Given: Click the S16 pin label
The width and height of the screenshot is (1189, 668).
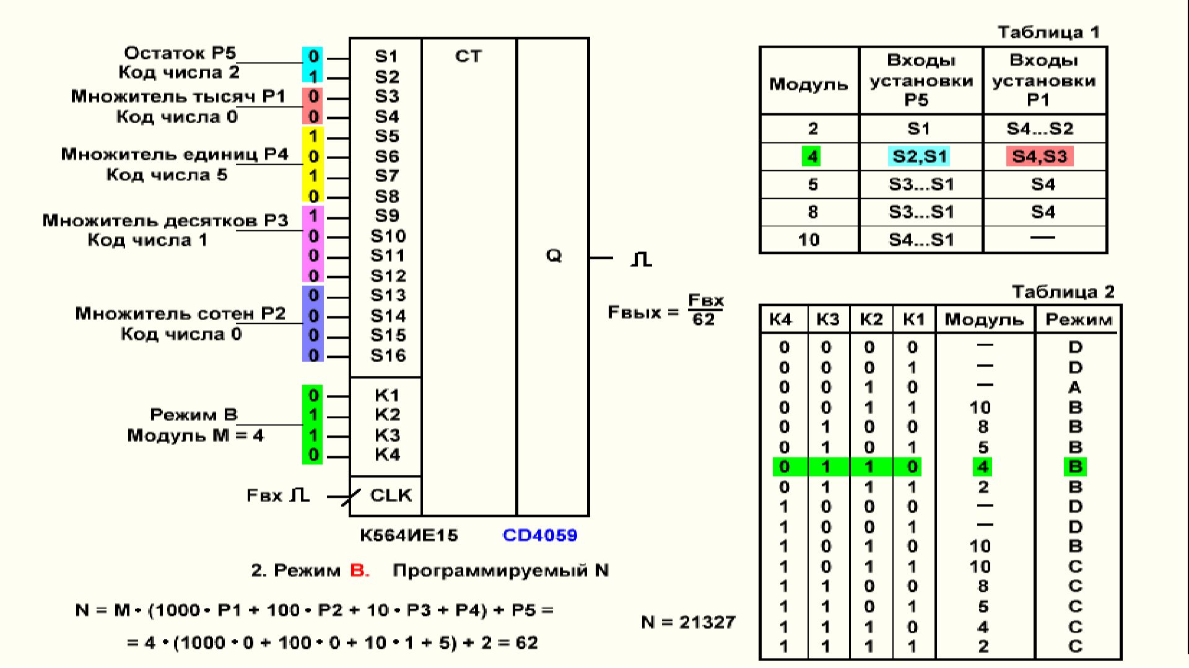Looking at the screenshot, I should point(388,355).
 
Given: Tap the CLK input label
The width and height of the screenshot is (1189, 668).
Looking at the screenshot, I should point(390,495).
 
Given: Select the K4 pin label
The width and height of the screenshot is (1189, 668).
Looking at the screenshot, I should point(387,455).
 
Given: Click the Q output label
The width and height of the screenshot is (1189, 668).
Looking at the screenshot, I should point(553,256).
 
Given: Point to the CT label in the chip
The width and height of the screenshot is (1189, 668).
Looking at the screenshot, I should point(468,56).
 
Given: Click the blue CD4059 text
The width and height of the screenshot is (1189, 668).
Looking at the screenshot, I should point(540,536).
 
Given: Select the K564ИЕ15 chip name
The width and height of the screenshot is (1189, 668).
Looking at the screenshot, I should point(409,536).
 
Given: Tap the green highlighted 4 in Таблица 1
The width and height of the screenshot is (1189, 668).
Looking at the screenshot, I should point(812,156).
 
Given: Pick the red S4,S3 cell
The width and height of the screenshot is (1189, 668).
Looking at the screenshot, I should point(1040,156).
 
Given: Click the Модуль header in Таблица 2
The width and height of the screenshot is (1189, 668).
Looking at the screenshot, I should point(983,319).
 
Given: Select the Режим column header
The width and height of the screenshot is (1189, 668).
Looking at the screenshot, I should point(1078,319).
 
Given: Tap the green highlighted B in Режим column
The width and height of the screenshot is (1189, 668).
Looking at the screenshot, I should point(1075,467).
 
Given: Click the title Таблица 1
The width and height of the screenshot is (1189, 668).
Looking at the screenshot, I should point(1048,32).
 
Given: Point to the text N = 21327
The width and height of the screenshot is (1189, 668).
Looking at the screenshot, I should point(688,622).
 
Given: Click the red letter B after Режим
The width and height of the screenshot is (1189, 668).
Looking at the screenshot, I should point(359,570).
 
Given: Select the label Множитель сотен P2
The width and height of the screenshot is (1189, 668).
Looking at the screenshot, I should point(180,314).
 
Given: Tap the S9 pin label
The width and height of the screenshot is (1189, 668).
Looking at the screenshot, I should point(386,215).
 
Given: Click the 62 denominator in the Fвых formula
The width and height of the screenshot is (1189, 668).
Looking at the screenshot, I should point(703,319).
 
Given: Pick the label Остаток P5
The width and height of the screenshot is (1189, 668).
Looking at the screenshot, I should point(180,53).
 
